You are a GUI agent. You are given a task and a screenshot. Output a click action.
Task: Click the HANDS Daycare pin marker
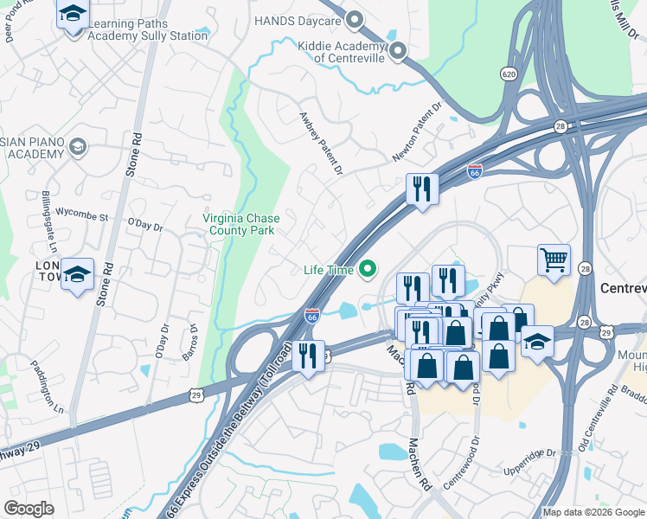pyautogui.click(x=352, y=20)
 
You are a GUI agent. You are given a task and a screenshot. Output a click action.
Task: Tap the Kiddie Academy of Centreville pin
pyautogui.click(x=397, y=51)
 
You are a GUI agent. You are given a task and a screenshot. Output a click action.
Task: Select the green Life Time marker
pyautogui.click(x=368, y=270)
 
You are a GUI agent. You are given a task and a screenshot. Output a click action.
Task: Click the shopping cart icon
pyautogui.click(x=554, y=259)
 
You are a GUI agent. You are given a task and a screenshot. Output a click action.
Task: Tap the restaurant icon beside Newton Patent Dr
pyautogui.click(x=422, y=189)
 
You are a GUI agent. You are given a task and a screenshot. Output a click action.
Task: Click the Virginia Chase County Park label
pyautogui.click(x=239, y=225)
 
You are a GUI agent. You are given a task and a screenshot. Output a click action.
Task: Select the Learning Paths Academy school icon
pyautogui.click(x=73, y=15)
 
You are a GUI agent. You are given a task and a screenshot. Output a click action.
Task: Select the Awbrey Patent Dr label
pyautogui.click(x=321, y=143)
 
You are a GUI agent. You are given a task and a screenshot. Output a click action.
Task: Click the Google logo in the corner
pyautogui.click(x=29, y=509)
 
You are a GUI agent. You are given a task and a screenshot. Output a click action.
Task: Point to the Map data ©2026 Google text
pyautogui.click(x=592, y=512)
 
